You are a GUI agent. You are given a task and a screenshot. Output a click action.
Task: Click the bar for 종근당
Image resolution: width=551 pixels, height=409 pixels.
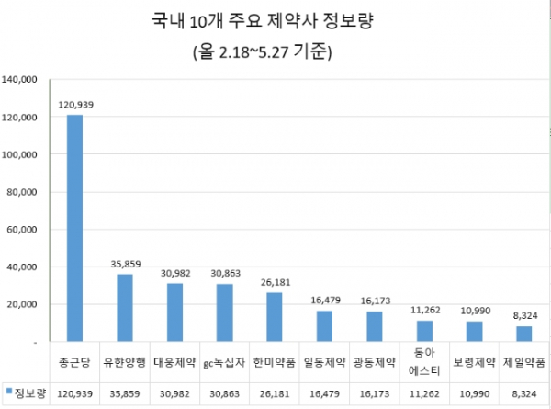coord(74,228)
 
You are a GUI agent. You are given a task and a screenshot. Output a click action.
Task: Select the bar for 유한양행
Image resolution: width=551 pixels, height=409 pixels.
coord(124,308)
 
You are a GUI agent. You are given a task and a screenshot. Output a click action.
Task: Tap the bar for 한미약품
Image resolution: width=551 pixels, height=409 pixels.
coord(274,317)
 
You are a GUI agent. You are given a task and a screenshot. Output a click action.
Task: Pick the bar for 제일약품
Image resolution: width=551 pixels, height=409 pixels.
coord(523,334)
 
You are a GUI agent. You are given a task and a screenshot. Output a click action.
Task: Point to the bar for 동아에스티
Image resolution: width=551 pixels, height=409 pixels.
coord(424,331)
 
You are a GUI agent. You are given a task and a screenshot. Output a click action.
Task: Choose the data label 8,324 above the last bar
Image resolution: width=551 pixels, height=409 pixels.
coord(523,316)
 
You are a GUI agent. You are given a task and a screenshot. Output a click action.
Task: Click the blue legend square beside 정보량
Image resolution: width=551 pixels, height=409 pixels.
coord(9,392)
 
